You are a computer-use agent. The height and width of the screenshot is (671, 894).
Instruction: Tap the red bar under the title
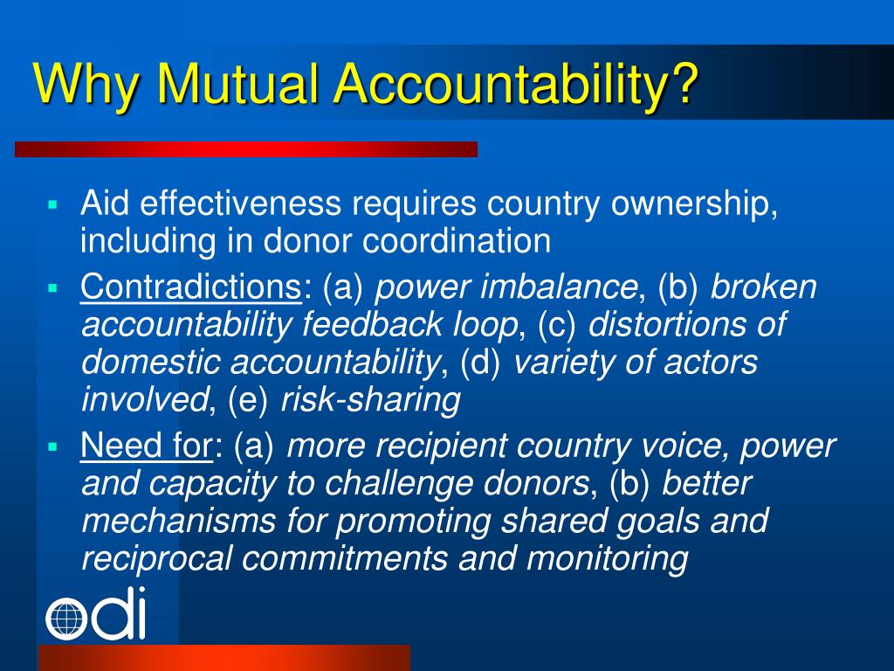pyautogui.click(x=245, y=149)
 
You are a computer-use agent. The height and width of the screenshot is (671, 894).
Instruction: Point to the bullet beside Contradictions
pyautogui.click(x=52, y=287)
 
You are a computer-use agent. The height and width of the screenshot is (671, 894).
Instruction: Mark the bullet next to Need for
pyautogui.click(x=52, y=446)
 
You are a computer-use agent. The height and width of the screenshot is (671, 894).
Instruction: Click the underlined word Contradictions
pyautogui.click(x=190, y=287)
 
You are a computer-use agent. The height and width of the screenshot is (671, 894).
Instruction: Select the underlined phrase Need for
pyautogui.click(x=146, y=446)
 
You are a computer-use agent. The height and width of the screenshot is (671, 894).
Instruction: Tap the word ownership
pyautogui.click(x=694, y=205)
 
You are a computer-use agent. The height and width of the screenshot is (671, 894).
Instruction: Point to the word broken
pyautogui.click(x=764, y=287)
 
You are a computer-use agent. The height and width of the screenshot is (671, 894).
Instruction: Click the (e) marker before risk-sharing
pyautogui.click(x=249, y=400)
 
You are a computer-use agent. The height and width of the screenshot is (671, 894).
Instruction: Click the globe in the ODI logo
pyautogui.click(x=65, y=619)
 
